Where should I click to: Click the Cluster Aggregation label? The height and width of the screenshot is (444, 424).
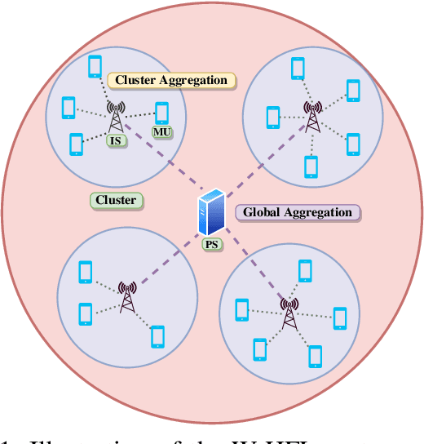point(171,80)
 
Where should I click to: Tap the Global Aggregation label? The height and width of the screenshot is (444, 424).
point(298,212)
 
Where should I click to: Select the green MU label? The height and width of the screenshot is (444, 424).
point(161,131)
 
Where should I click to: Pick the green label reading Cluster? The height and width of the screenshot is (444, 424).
point(115,200)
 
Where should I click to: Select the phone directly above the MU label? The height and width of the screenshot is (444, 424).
point(161,113)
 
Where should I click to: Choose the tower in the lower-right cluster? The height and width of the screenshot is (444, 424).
point(288,313)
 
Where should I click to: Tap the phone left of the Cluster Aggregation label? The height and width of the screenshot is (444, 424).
point(95,67)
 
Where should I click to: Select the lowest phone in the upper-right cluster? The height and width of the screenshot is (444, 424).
point(311,166)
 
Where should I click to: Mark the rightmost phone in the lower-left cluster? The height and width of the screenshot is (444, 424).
point(157,336)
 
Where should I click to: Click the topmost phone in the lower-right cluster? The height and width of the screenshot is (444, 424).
point(305,270)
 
